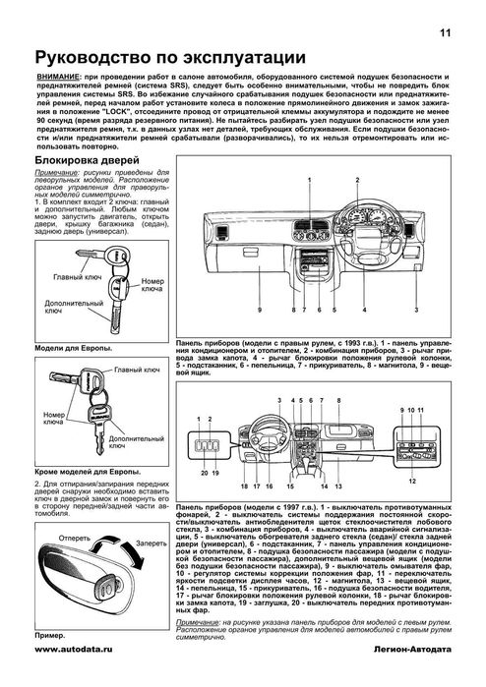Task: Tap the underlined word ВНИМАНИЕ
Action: point(57,75)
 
